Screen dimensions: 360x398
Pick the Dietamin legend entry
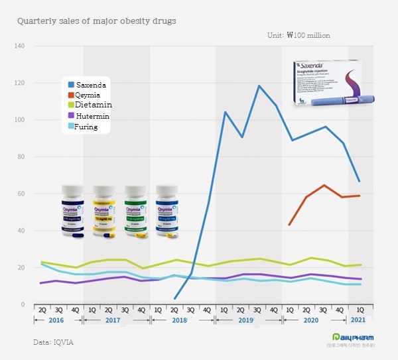(x=92, y=105)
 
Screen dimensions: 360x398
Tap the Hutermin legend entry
(x=92, y=116)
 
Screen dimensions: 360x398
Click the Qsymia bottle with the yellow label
(x=104, y=210)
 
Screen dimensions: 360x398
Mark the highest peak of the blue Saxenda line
(x=259, y=86)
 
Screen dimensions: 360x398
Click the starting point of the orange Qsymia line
(x=289, y=225)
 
